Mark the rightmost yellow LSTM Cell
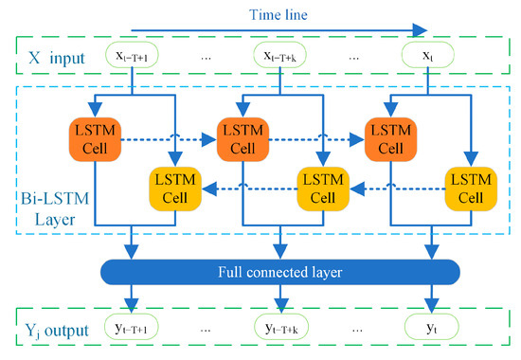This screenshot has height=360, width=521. (467, 188)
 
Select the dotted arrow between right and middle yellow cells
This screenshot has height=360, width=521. (392, 188)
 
